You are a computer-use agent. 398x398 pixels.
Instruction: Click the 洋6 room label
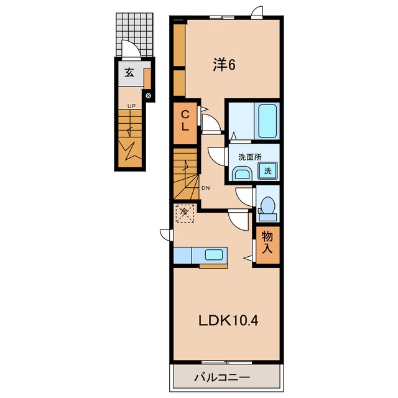(224, 65)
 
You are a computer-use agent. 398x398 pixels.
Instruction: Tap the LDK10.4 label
(228, 321)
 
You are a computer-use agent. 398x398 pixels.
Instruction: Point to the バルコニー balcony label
(222, 377)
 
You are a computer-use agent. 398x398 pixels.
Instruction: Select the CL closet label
(185, 121)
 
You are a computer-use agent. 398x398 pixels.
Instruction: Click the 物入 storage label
(267, 242)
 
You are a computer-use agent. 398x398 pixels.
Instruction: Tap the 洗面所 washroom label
(250, 157)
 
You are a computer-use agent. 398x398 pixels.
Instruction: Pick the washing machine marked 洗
(267, 170)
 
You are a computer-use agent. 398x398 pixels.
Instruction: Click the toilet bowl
(268, 205)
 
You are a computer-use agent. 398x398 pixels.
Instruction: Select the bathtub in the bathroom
(267, 121)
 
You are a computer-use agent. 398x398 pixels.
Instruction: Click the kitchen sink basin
(214, 254)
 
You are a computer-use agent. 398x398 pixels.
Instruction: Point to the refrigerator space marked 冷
(185, 213)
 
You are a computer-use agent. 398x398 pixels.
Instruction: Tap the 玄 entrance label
(129, 73)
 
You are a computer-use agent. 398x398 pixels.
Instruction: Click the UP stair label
(131, 106)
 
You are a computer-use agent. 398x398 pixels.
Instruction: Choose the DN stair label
(206, 188)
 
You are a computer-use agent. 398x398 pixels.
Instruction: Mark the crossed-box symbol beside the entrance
(149, 96)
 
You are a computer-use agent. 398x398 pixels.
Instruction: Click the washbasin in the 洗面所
(242, 174)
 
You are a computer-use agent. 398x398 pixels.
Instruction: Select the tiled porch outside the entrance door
(134, 35)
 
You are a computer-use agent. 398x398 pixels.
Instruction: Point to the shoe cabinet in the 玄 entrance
(147, 78)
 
